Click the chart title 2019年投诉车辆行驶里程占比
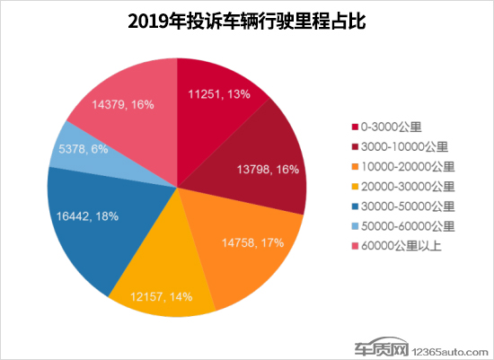coord(247,22)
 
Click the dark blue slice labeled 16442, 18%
coord(94,227)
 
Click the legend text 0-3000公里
coord(391,127)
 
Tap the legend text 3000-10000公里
coord(404,146)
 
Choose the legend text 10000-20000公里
coord(408,167)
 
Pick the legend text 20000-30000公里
coord(408,187)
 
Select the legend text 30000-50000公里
coord(408,206)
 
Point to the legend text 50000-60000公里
coord(408,226)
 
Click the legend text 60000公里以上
coord(401,246)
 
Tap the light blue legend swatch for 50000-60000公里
coord(355,226)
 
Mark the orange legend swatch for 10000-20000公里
coord(355,167)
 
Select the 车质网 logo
coord(382,347)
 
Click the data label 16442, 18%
coord(87,216)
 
